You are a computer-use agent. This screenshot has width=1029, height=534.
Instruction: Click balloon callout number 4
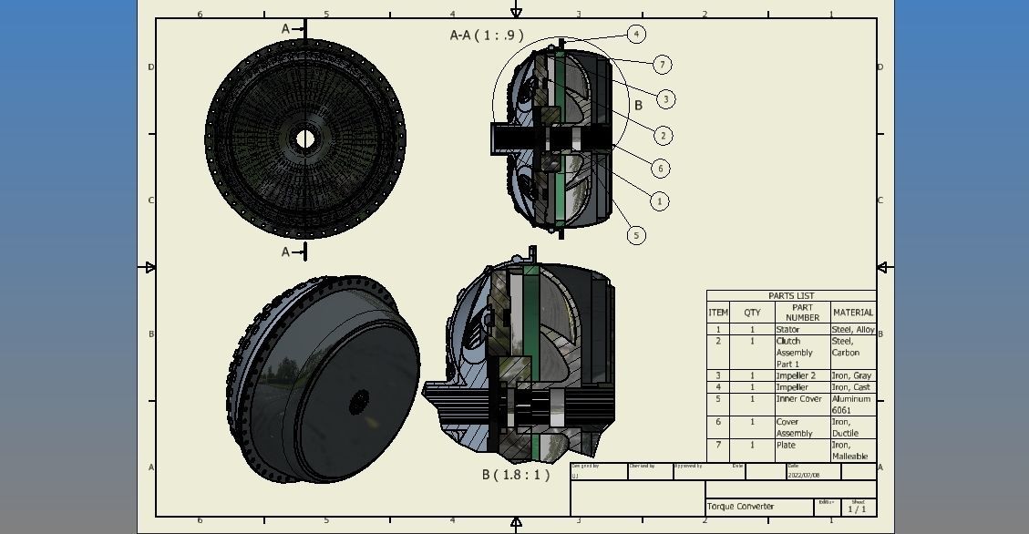[x=636, y=35]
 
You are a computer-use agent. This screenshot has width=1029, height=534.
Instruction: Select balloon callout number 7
[x=663, y=64]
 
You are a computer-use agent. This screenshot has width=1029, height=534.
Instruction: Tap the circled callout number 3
[x=666, y=99]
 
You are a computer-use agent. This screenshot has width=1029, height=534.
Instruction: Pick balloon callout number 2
[x=663, y=136]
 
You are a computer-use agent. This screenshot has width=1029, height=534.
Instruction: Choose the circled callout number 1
[x=659, y=201]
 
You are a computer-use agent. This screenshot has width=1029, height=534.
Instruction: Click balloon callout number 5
[x=636, y=235]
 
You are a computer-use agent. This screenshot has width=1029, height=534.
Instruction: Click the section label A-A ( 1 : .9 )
[x=487, y=36]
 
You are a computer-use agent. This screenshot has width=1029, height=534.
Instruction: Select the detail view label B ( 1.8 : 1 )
[x=516, y=475]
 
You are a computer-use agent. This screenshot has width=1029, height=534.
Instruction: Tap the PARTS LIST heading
[x=790, y=296]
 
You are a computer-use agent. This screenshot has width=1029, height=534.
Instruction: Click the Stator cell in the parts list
[x=787, y=330]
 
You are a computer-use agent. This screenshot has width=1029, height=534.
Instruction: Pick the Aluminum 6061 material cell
[x=851, y=405]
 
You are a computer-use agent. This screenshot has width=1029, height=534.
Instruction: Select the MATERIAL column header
[x=852, y=313]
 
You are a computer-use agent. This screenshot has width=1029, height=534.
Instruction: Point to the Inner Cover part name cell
[x=798, y=399]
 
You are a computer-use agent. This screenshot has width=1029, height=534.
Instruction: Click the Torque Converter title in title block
[x=740, y=507]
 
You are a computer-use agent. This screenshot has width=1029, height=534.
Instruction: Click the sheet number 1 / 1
[x=857, y=509]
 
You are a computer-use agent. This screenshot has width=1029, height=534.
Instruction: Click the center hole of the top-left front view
[x=304, y=139]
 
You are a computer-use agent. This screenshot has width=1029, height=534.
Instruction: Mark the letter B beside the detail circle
[x=638, y=106]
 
